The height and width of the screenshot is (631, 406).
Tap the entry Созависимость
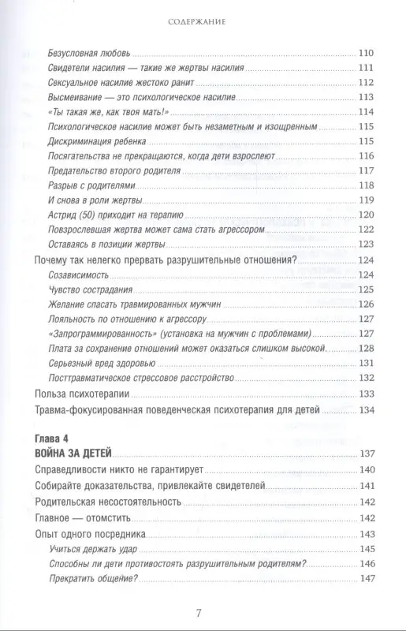coord(87,275)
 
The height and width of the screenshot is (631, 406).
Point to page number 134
coord(369,409)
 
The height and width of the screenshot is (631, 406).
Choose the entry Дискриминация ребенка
coord(107,141)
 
